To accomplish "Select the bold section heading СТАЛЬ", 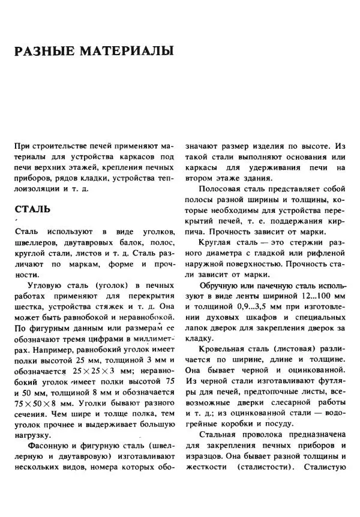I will [x=32, y=211].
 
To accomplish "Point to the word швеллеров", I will [x=37, y=243].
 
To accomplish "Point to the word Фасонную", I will [x=51, y=446].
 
